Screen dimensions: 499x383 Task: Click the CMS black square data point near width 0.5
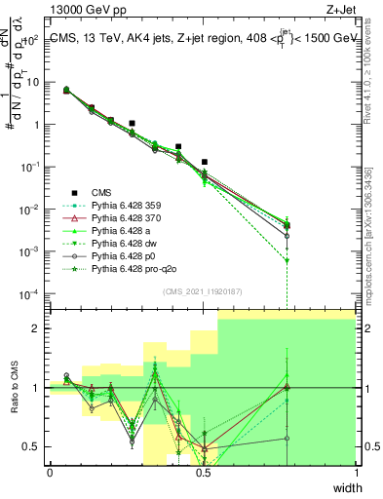click(204, 162)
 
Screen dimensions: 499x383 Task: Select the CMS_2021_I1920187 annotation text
click(203, 289)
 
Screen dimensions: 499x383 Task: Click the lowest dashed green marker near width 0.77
click(287, 260)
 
